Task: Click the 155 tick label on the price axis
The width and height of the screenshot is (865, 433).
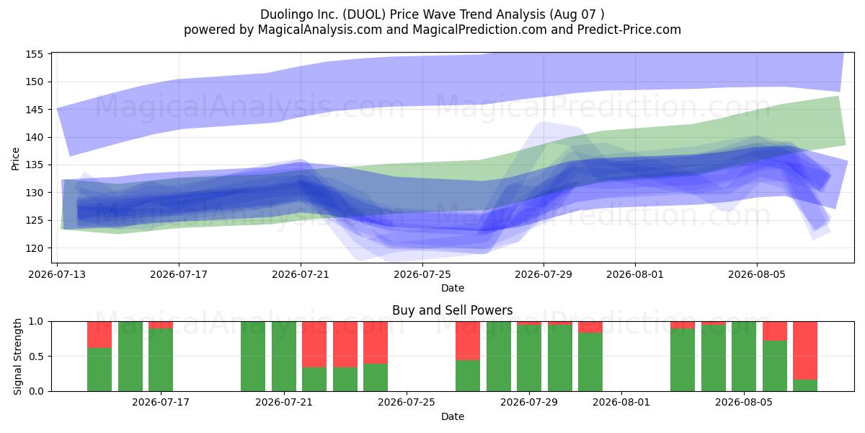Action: click(34, 54)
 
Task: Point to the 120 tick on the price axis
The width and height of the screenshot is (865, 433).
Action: click(34, 248)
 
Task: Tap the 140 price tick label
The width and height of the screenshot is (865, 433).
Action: click(34, 137)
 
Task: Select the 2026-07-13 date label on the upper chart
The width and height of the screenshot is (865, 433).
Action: click(57, 274)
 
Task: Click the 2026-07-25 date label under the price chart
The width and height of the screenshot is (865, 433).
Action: click(422, 274)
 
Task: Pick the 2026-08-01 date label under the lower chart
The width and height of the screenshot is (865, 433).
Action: click(621, 403)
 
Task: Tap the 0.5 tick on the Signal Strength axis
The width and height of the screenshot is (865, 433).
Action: click(36, 357)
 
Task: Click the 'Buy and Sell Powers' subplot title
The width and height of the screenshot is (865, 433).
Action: click(452, 310)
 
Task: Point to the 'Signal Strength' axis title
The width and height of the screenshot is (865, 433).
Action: click(17, 357)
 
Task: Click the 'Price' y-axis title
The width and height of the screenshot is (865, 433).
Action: click(15, 159)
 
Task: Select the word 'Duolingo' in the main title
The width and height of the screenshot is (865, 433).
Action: click(286, 14)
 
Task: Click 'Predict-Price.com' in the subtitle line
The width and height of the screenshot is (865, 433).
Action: click(629, 30)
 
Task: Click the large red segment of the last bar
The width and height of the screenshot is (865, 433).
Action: click(805, 351)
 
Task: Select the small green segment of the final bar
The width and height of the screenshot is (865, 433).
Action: click(805, 386)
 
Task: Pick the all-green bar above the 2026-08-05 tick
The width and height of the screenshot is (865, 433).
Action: click(744, 357)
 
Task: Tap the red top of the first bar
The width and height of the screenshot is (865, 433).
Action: click(99, 335)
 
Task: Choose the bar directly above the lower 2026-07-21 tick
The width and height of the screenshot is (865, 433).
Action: click(284, 357)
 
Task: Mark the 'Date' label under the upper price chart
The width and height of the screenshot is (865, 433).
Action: click(453, 288)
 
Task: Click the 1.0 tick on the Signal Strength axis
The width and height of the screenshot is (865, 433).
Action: click(36, 322)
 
